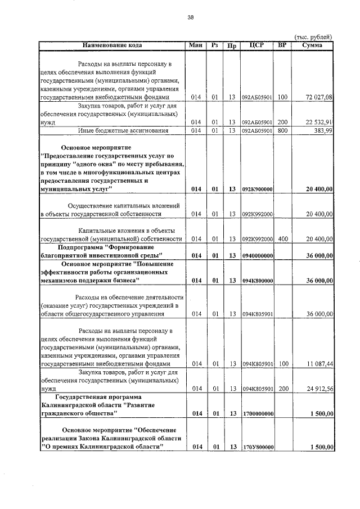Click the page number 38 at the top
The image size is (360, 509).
click(190, 17)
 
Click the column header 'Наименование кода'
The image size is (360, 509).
click(112, 45)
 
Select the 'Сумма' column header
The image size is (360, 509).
click(312, 45)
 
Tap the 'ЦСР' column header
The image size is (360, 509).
click(257, 45)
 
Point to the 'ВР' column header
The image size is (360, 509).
click(282, 45)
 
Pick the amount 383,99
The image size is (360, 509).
click(324, 131)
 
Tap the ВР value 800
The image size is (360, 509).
click(282, 131)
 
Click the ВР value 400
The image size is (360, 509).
click(282, 239)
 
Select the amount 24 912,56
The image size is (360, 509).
click(319, 389)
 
